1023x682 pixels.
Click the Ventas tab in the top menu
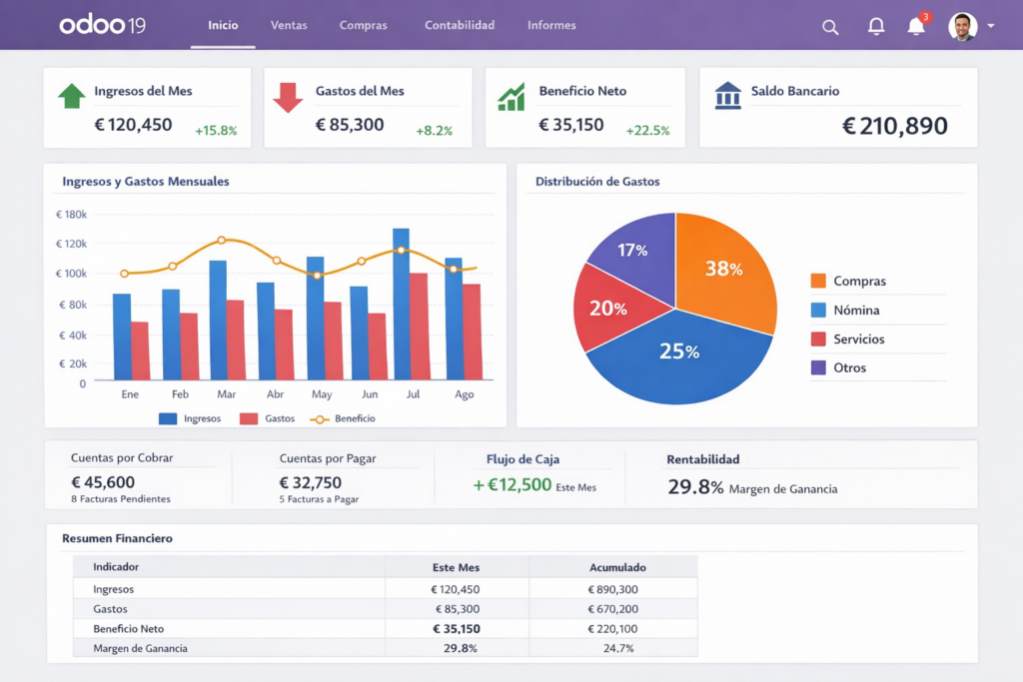(x=289, y=25)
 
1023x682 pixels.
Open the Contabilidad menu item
(x=460, y=25)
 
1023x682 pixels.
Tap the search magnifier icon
(x=830, y=27)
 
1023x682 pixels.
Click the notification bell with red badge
(x=916, y=26)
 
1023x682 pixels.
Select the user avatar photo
(x=962, y=26)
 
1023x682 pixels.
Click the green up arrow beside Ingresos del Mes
(x=72, y=96)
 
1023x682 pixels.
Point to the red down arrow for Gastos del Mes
(x=288, y=97)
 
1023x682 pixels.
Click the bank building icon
(x=728, y=96)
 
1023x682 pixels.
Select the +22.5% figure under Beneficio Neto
(x=647, y=131)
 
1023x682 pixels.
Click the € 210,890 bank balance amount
(x=894, y=126)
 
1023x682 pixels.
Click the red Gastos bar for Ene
(x=140, y=350)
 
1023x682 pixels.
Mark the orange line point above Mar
(x=222, y=241)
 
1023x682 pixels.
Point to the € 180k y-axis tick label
(x=71, y=215)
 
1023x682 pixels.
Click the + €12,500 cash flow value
(x=512, y=485)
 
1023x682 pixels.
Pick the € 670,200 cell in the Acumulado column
(x=613, y=609)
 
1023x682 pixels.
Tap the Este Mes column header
(x=456, y=567)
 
